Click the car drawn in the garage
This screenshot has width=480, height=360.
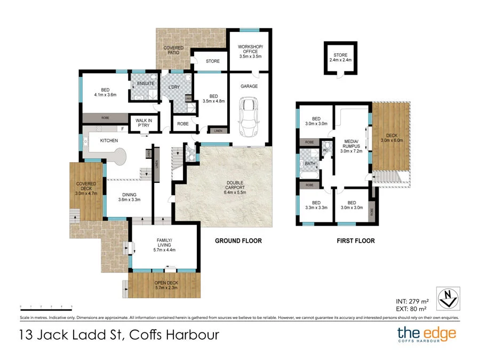[249, 116]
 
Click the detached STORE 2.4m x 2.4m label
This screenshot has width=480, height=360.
[340, 58]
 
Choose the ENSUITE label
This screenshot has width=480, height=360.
[146, 84]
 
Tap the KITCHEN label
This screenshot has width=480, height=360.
[108, 141]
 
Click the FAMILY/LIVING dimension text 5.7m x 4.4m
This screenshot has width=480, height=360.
[164, 250]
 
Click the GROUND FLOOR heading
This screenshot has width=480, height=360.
[238, 241]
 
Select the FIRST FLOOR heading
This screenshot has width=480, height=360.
[355, 241]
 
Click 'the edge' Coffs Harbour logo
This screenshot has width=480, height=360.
[427, 335]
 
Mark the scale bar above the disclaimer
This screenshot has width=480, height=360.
[46, 307]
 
